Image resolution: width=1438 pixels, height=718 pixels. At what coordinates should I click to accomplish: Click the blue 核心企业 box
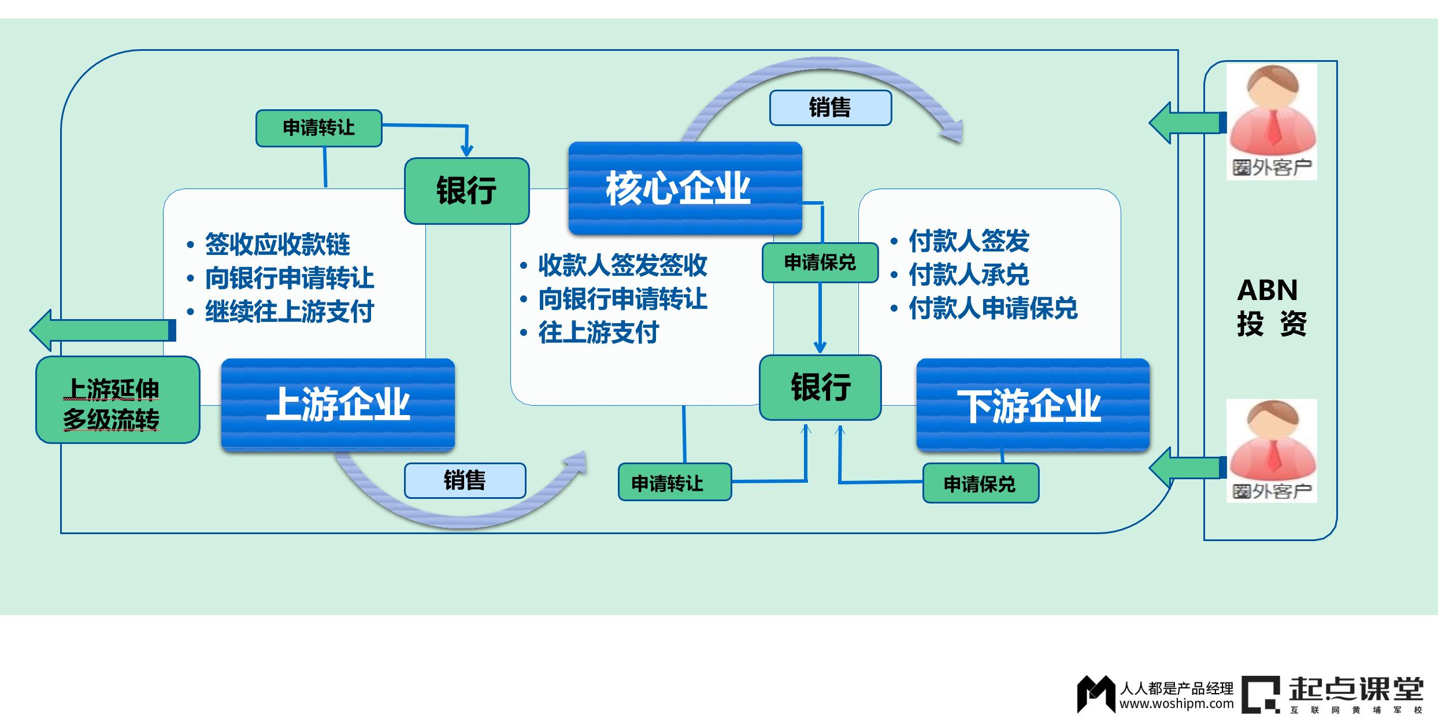(x=685, y=188)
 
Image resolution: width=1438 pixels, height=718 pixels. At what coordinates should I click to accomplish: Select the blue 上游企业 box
(x=338, y=404)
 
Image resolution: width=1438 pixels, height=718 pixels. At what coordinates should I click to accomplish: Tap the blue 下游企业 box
(x=1032, y=405)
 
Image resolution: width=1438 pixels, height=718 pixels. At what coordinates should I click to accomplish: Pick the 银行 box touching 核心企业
(x=466, y=191)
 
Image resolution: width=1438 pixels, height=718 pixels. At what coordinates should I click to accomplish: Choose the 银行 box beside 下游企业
(x=820, y=387)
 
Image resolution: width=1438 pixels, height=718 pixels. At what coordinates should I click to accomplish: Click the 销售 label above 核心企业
(x=830, y=108)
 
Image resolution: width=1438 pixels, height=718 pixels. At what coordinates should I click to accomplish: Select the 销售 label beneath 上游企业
(x=465, y=480)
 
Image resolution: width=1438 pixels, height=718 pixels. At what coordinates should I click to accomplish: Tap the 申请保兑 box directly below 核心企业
(x=820, y=263)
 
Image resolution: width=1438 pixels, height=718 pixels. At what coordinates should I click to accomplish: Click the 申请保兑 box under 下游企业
(x=980, y=484)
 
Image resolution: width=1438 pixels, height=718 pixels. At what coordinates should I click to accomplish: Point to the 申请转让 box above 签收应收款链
(x=318, y=128)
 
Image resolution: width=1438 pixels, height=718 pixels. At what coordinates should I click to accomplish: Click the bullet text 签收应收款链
(x=277, y=245)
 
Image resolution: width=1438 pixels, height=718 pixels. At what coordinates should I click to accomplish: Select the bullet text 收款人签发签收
(x=622, y=265)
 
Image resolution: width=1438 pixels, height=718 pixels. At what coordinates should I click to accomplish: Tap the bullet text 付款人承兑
(x=969, y=275)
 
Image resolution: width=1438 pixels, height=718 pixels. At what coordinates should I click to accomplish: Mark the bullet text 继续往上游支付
(x=290, y=312)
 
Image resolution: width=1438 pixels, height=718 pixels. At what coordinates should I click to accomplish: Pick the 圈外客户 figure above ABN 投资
(x=1272, y=122)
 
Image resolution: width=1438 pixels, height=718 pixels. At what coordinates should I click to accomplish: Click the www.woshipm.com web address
(x=1176, y=704)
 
